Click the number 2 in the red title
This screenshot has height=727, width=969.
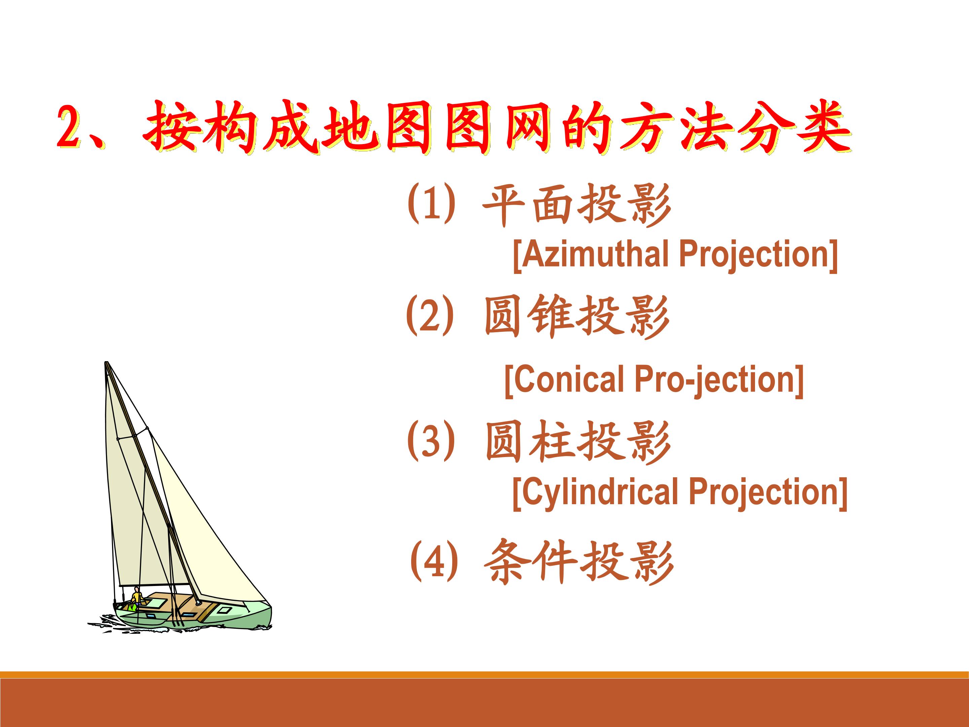(70, 128)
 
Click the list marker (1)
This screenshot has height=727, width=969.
(431, 203)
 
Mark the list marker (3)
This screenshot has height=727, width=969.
(431, 440)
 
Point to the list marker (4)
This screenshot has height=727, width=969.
(434, 561)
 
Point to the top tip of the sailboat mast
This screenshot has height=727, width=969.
(106, 362)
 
